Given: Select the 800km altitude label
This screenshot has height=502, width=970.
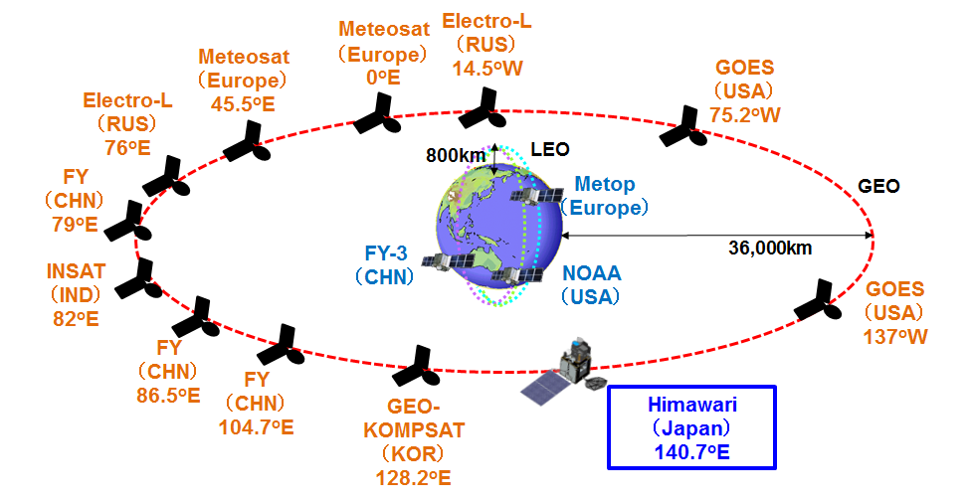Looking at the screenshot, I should tap(456, 155).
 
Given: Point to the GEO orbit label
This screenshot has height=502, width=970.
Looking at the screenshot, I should tap(878, 186).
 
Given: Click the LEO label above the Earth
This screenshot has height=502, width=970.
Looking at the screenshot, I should tap(549, 150).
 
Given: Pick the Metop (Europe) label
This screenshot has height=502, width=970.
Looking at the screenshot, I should tap(605, 197).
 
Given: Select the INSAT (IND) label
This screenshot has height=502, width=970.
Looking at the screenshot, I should tap(76, 282).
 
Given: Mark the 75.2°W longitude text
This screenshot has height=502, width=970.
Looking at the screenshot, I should tap(745, 115).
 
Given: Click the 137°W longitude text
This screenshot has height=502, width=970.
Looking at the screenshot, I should tap(895, 337).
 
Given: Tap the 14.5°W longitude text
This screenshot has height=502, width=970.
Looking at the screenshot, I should tap(486, 69).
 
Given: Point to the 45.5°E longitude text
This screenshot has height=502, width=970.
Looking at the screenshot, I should tap(243, 101).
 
